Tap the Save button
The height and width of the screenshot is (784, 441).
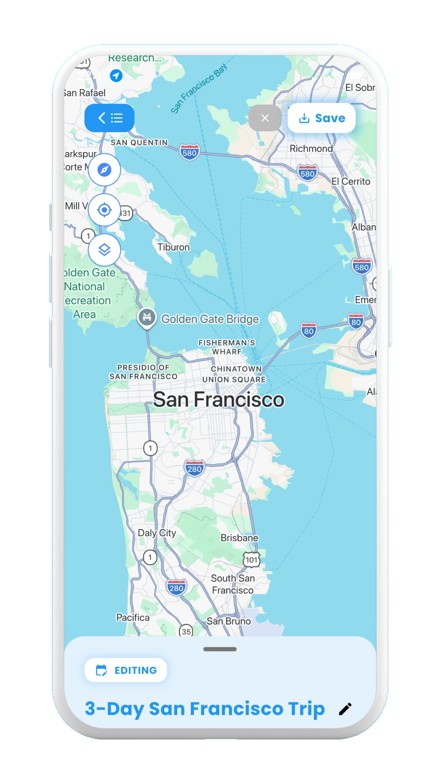click(321, 118)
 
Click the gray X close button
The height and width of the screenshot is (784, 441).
click(265, 118)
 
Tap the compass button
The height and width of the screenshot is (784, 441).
click(105, 170)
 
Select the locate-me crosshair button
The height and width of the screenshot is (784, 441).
click(105, 210)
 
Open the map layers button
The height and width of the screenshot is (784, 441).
click(105, 250)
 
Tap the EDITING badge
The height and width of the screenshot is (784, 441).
click(126, 670)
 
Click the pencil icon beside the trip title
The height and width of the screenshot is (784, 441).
click(345, 709)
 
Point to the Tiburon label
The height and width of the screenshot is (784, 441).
click(174, 247)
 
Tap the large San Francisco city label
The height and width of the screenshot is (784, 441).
click(218, 399)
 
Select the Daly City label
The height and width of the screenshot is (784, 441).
click(157, 533)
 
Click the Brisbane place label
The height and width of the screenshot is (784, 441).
click(239, 538)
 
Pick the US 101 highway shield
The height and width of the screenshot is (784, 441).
click(252, 560)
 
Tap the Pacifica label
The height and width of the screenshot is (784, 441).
click(133, 618)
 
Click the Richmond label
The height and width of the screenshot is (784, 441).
click(311, 149)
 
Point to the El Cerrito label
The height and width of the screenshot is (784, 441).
click(351, 182)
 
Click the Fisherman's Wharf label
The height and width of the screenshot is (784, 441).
click(227, 347)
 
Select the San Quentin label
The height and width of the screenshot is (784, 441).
click(139, 143)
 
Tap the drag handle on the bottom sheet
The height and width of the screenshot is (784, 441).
click(220, 649)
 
